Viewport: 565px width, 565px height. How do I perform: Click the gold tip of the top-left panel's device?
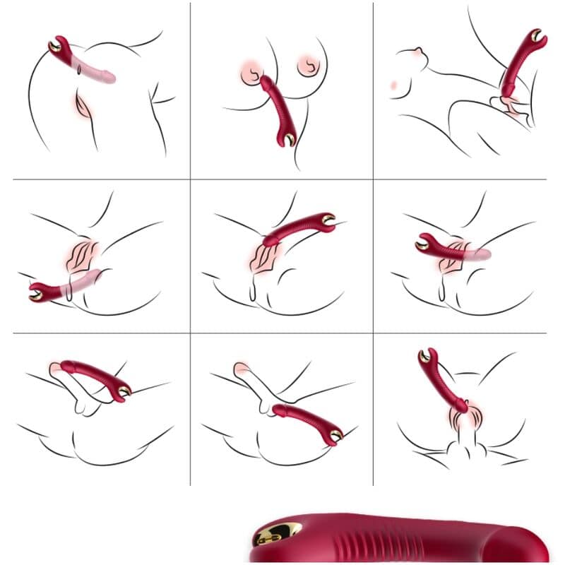(54, 48)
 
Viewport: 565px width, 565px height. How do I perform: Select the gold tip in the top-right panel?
(539, 36)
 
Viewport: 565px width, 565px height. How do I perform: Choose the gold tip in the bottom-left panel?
(124, 391)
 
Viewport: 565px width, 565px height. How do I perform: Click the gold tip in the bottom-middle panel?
(330, 434)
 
